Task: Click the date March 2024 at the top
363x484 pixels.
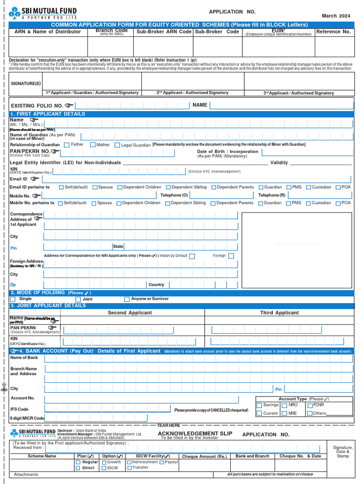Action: (336, 16)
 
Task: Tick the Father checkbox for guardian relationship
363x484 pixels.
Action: (67, 145)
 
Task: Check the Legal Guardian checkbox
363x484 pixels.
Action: (117, 145)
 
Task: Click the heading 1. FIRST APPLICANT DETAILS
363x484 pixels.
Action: (48, 114)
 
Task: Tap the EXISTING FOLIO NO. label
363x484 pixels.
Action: (37, 105)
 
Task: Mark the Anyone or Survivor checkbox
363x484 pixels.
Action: (127, 299)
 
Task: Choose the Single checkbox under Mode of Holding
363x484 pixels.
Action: (13, 299)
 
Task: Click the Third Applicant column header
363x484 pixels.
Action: (279, 312)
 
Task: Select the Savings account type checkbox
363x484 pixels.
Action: (259, 406)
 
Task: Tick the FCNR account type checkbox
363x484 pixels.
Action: (310, 406)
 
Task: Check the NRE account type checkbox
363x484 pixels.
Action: (284, 414)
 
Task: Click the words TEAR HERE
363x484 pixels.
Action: (168, 425)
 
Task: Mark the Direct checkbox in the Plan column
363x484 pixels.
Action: (78, 468)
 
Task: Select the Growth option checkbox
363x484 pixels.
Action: (104, 462)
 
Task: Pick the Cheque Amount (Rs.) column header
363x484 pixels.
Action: (204, 456)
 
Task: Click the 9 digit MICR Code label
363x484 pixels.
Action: (27, 418)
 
